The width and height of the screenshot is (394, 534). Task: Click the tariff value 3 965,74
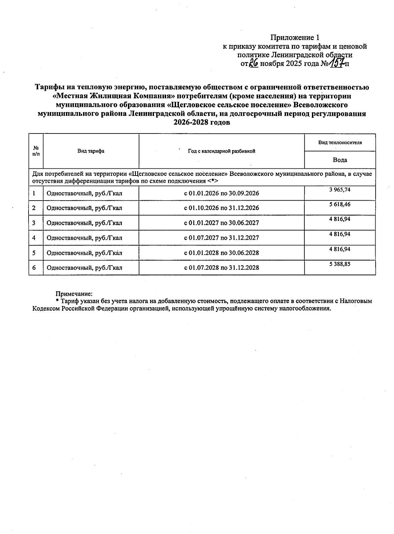click(340, 189)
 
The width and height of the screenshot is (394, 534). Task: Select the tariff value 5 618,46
click(340, 204)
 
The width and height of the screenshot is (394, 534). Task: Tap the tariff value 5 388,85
click(340, 264)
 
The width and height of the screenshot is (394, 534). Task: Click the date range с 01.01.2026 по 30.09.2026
click(221, 193)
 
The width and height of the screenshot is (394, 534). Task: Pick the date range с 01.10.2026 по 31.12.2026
click(221, 208)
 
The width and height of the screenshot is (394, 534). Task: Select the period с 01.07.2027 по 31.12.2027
click(221, 238)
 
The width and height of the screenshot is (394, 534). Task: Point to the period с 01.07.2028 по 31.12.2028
click(221, 268)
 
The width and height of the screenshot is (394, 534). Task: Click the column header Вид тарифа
click(91, 151)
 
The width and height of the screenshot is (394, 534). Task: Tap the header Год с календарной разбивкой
click(221, 151)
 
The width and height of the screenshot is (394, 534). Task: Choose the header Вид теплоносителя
click(340, 143)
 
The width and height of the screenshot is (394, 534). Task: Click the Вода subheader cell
click(340, 160)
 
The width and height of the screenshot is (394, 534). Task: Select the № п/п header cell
click(36, 151)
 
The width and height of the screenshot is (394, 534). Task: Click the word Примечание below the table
click(74, 294)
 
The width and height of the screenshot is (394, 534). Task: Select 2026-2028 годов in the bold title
click(202, 123)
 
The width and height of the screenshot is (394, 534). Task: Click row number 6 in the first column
click(34, 268)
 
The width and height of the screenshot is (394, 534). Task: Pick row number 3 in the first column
click(34, 223)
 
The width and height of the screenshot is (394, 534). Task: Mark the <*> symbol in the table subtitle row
click(213, 181)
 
